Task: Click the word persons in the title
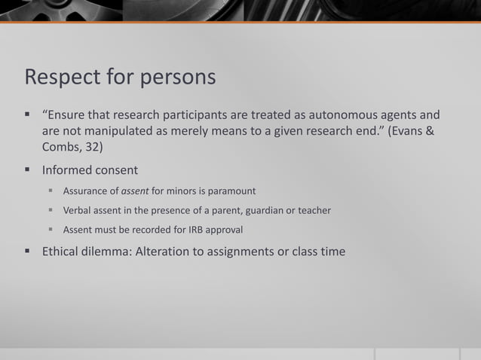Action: (180, 78)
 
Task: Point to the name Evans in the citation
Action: (408, 132)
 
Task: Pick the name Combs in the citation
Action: (60, 148)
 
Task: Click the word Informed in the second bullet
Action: (69, 170)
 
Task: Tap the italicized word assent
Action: (136, 191)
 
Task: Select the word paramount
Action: (231, 191)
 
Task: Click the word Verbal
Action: (78, 211)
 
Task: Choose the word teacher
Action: (312, 211)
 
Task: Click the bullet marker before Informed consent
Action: (28, 170)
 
